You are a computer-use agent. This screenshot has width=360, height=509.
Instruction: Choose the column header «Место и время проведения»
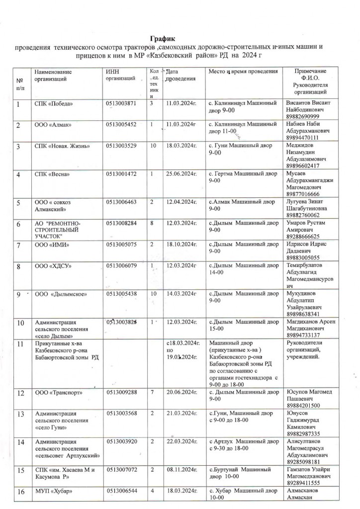click(x=241, y=72)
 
